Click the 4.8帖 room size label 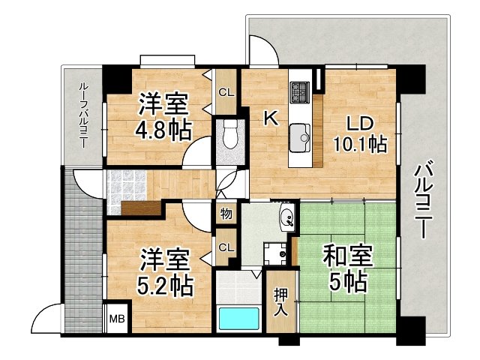162,129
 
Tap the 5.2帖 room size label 166,285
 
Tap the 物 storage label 226,214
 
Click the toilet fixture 230,137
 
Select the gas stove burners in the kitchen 300,91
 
